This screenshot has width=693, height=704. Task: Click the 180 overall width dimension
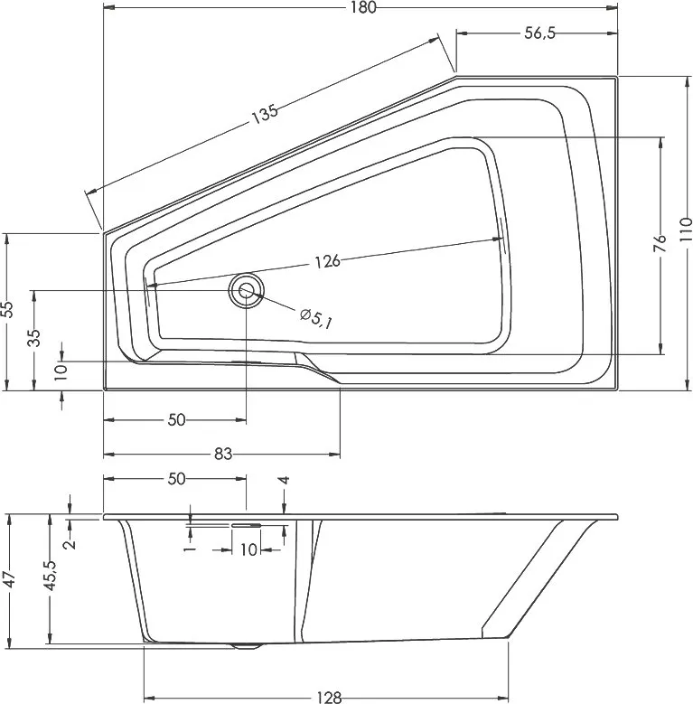(363, 7)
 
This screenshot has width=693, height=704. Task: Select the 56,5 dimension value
(540, 33)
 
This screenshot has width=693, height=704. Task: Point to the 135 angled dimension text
(265, 114)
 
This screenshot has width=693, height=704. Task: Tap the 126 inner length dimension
(328, 262)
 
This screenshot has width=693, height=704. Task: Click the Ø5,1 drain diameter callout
(316, 318)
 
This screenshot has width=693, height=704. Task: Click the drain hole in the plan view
(246, 290)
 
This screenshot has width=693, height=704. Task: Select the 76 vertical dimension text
(660, 244)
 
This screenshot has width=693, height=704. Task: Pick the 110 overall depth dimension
(686, 230)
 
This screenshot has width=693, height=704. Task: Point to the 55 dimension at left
(7, 309)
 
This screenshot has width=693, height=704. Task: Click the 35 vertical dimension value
(34, 338)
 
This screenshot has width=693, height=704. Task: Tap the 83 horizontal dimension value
(222, 455)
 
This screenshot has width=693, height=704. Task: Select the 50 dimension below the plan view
(176, 420)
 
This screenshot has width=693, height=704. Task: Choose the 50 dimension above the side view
(176, 479)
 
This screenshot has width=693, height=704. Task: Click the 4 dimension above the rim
(284, 481)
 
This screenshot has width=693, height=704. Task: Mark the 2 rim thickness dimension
(70, 544)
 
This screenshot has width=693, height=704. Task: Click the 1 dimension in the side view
(191, 549)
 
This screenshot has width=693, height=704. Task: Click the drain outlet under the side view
(246, 646)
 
